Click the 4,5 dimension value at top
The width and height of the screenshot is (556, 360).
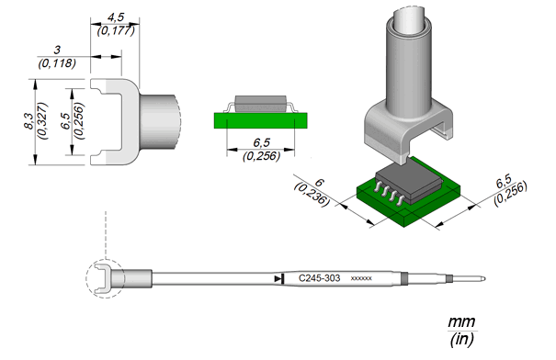click(116, 17)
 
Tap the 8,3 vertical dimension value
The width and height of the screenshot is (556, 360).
click(29, 121)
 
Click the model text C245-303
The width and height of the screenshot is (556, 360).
click(319, 278)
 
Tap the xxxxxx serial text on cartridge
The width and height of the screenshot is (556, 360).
click(361, 278)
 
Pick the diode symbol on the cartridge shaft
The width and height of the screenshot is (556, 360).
click(279, 279)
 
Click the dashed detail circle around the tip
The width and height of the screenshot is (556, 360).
click(86, 278)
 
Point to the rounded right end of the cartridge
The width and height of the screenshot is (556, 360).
click(483, 279)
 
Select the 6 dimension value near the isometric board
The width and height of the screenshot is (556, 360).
click(319, 183)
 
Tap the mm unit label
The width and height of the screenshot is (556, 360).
click(461, 322)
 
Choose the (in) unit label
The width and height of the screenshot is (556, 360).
click(461, 340)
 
